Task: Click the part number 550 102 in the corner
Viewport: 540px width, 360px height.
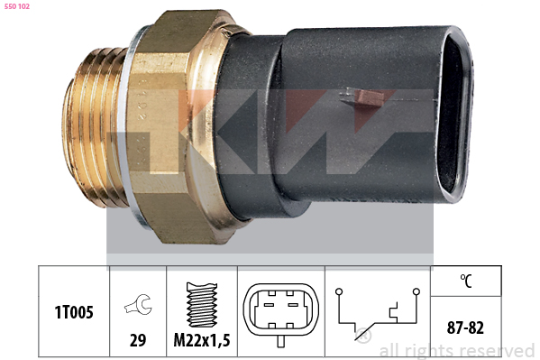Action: pos(17,6)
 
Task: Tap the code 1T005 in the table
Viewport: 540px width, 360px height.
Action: pos(74,312)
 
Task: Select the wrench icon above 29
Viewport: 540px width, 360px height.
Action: pos(138,304)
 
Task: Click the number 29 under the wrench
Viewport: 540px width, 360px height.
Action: pos(138,340)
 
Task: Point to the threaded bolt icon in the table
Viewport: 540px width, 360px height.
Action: pos(202,304)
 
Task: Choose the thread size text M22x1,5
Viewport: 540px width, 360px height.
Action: pos(202,340)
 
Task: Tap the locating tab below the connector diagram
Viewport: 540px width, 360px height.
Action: pos(281,342)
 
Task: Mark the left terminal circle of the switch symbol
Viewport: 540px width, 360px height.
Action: pos(339,291)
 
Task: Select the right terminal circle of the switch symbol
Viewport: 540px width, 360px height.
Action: pos(416,291)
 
